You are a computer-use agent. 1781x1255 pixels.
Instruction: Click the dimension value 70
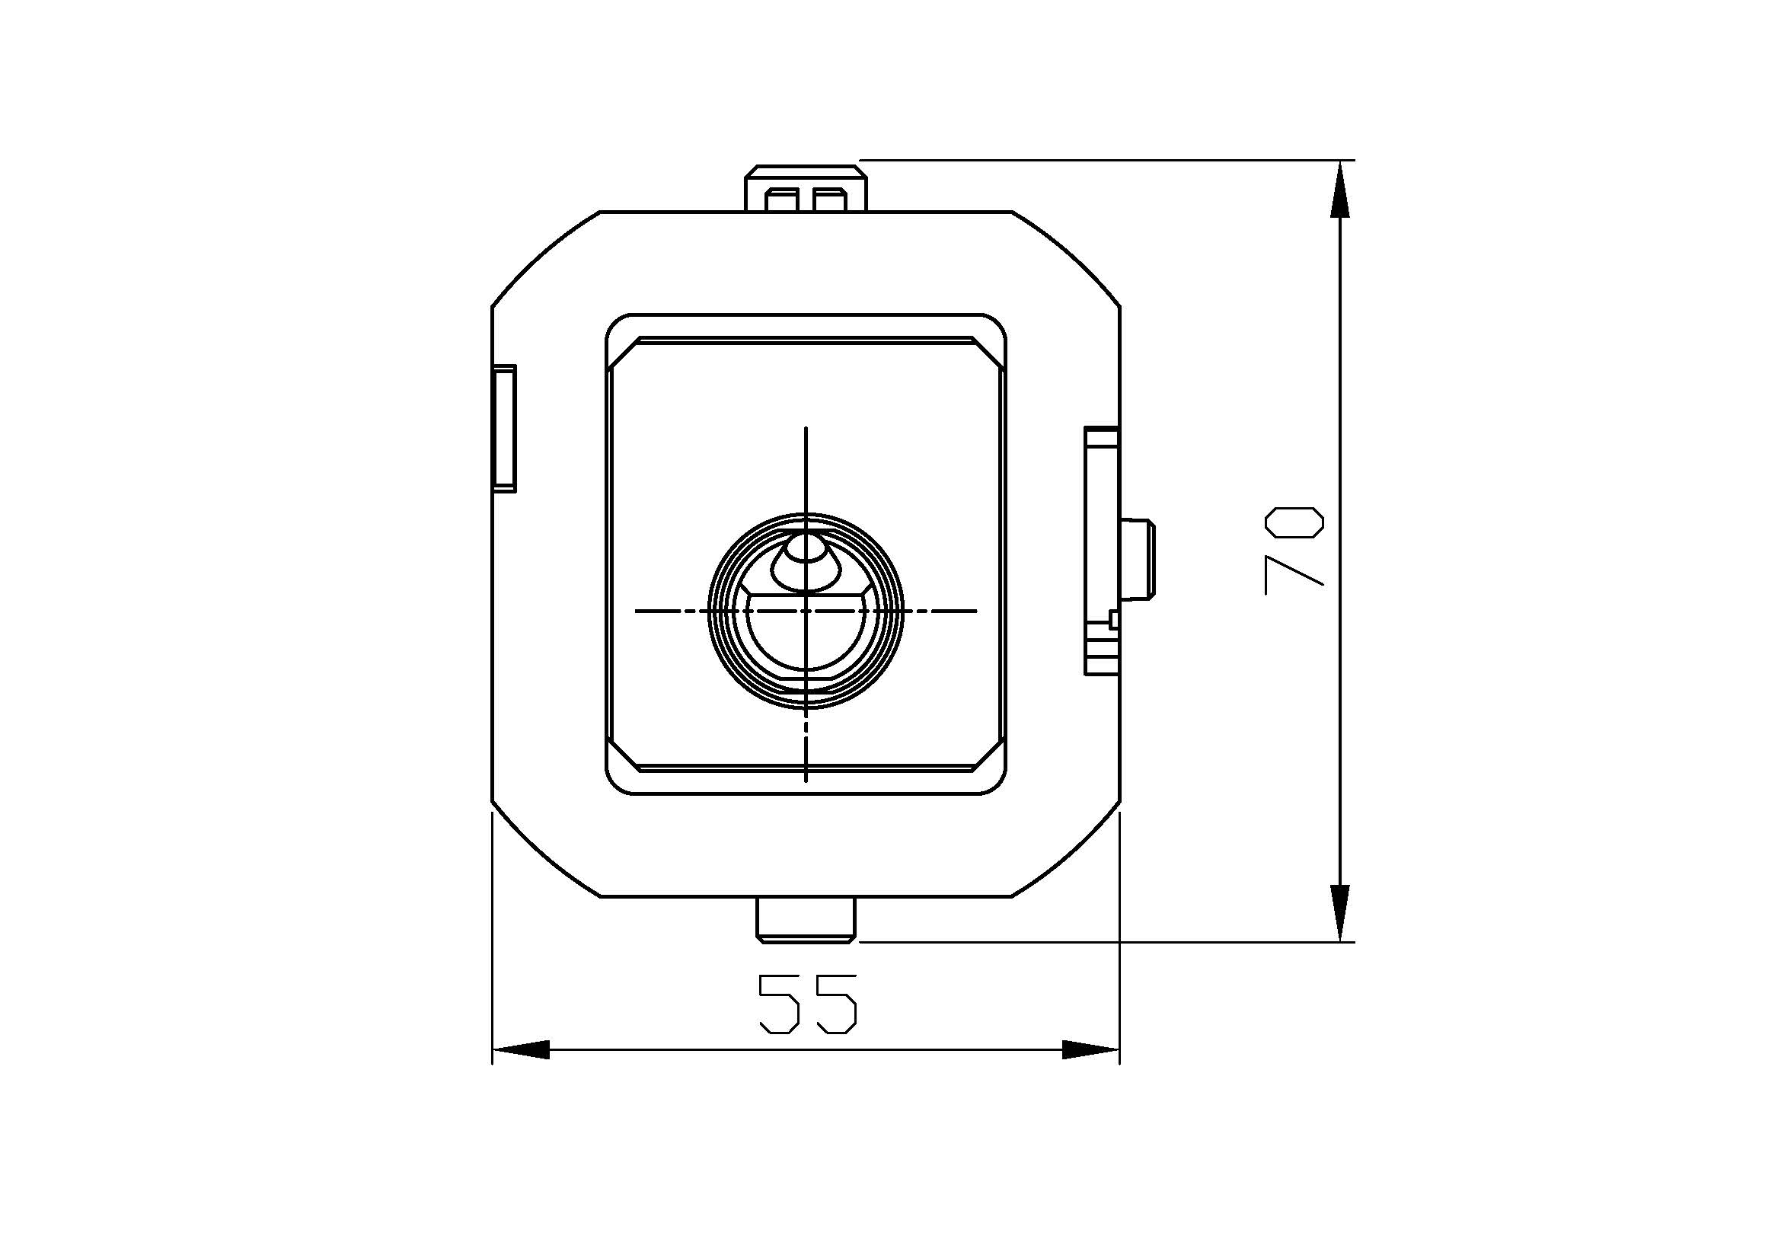click(x=1294, y=551)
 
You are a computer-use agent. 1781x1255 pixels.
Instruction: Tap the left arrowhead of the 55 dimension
click(x=521, y=1050)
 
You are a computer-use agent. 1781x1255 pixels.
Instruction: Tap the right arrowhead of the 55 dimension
click(x=1091, y=1050)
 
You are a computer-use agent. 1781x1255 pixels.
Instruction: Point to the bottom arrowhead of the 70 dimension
click(x=1340, y=914)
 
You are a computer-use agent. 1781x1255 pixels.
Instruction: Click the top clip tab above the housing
click(x=806, y=187)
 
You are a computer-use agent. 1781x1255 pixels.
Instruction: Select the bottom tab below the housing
click(x=806, y=920)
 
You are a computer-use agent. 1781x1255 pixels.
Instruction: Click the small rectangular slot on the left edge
click(x=504, y=428)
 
